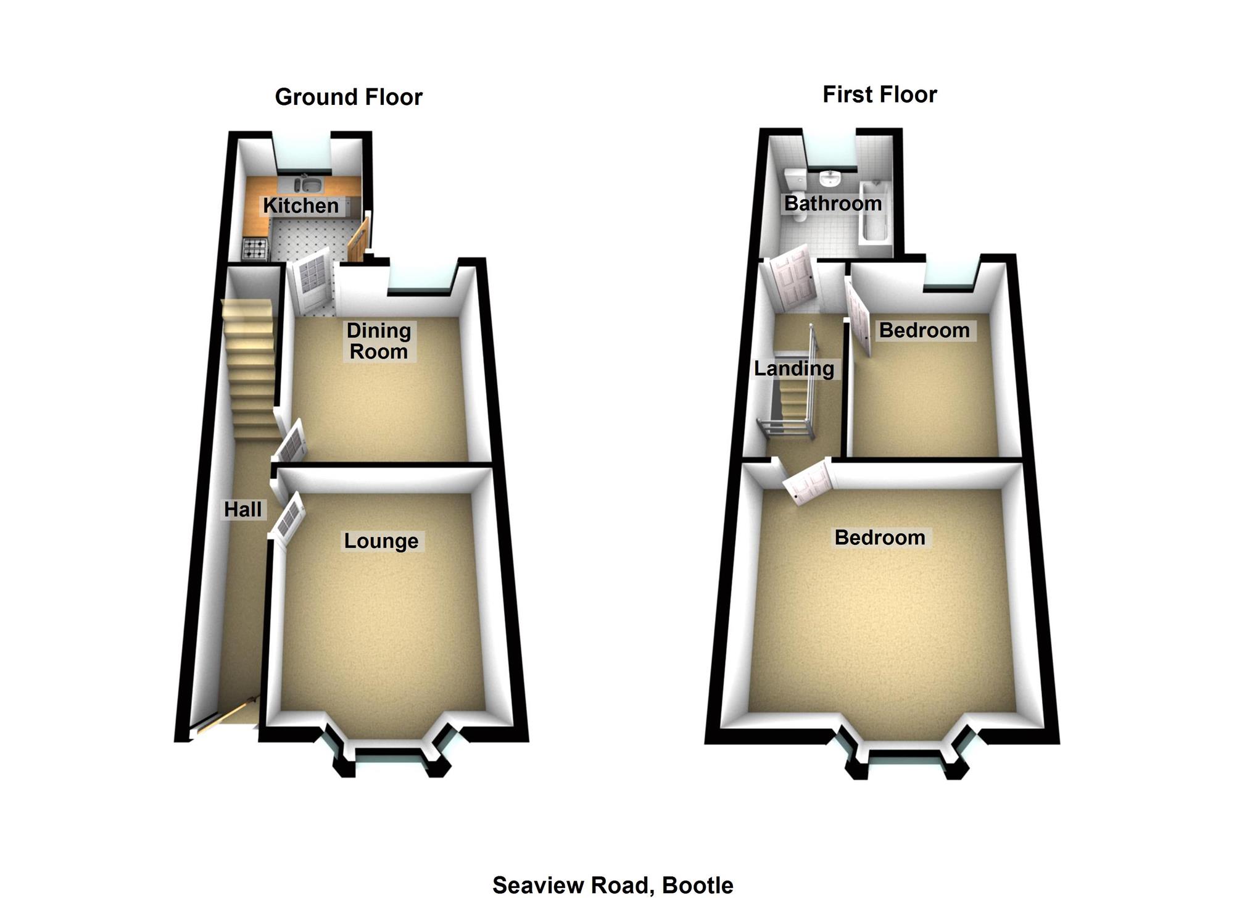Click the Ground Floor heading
pos(349,97)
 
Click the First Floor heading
pos(879,94)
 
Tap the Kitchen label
pos(300,206)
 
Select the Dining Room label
pos(378,341)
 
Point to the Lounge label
pos(381,541)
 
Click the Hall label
pos(242,509)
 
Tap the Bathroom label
pos(832,203)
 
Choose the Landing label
pos(794,368)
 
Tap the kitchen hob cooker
pos(255,249)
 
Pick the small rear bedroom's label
pos(924,330)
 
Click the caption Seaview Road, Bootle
pos(613,885)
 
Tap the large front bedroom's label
pos(879,538)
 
